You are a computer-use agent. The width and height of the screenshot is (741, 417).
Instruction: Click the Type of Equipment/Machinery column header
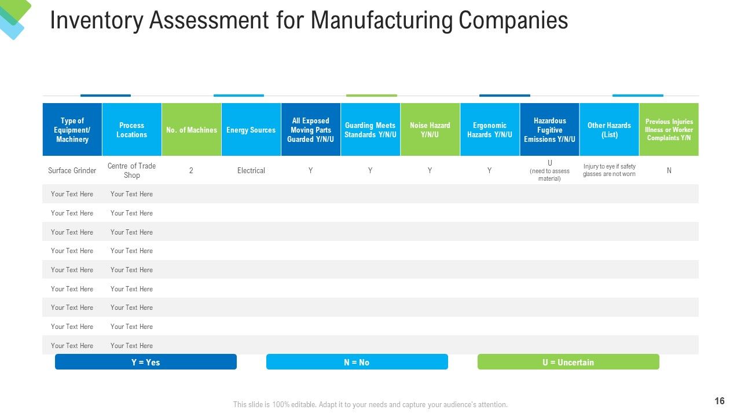tap(72, 129)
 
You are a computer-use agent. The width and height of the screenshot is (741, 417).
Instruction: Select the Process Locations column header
tap(131, 129)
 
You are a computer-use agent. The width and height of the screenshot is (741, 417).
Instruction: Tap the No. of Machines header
tap(192, 129)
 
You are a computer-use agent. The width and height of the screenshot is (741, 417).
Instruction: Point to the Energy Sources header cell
tap(251, 129)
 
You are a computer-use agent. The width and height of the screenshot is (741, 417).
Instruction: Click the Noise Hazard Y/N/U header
tap(430, 129)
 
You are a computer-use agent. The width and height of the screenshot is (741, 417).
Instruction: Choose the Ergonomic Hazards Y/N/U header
tap(490, 129)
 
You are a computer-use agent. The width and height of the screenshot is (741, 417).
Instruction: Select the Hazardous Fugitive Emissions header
tap(549, 129)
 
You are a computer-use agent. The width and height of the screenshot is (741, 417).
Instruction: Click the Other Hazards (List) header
tap(609, 129)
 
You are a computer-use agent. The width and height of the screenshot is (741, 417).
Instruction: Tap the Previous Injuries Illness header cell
tap(669, 129)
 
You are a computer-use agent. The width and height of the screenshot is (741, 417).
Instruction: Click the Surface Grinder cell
tap(72, 170)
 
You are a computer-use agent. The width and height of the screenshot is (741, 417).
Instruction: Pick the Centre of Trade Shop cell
tap(131, 170)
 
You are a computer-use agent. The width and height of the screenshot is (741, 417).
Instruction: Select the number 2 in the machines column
tap(191, 170)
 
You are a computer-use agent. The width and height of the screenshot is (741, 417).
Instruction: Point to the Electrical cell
tap(251, 170)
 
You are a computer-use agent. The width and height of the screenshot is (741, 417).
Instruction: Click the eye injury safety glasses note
tap(609, 170)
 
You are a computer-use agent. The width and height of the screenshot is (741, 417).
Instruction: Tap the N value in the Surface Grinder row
tap(669, 170)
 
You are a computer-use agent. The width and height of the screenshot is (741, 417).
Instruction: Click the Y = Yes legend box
tap(145, 362)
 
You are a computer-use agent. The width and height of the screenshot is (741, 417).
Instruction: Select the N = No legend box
tap(357, 362)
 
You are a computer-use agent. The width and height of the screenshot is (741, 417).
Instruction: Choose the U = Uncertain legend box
tap(568, 362)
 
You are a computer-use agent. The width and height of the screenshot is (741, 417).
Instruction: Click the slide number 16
tap(720, 401)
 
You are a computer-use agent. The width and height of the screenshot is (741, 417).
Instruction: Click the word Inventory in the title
tap(96, 20)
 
